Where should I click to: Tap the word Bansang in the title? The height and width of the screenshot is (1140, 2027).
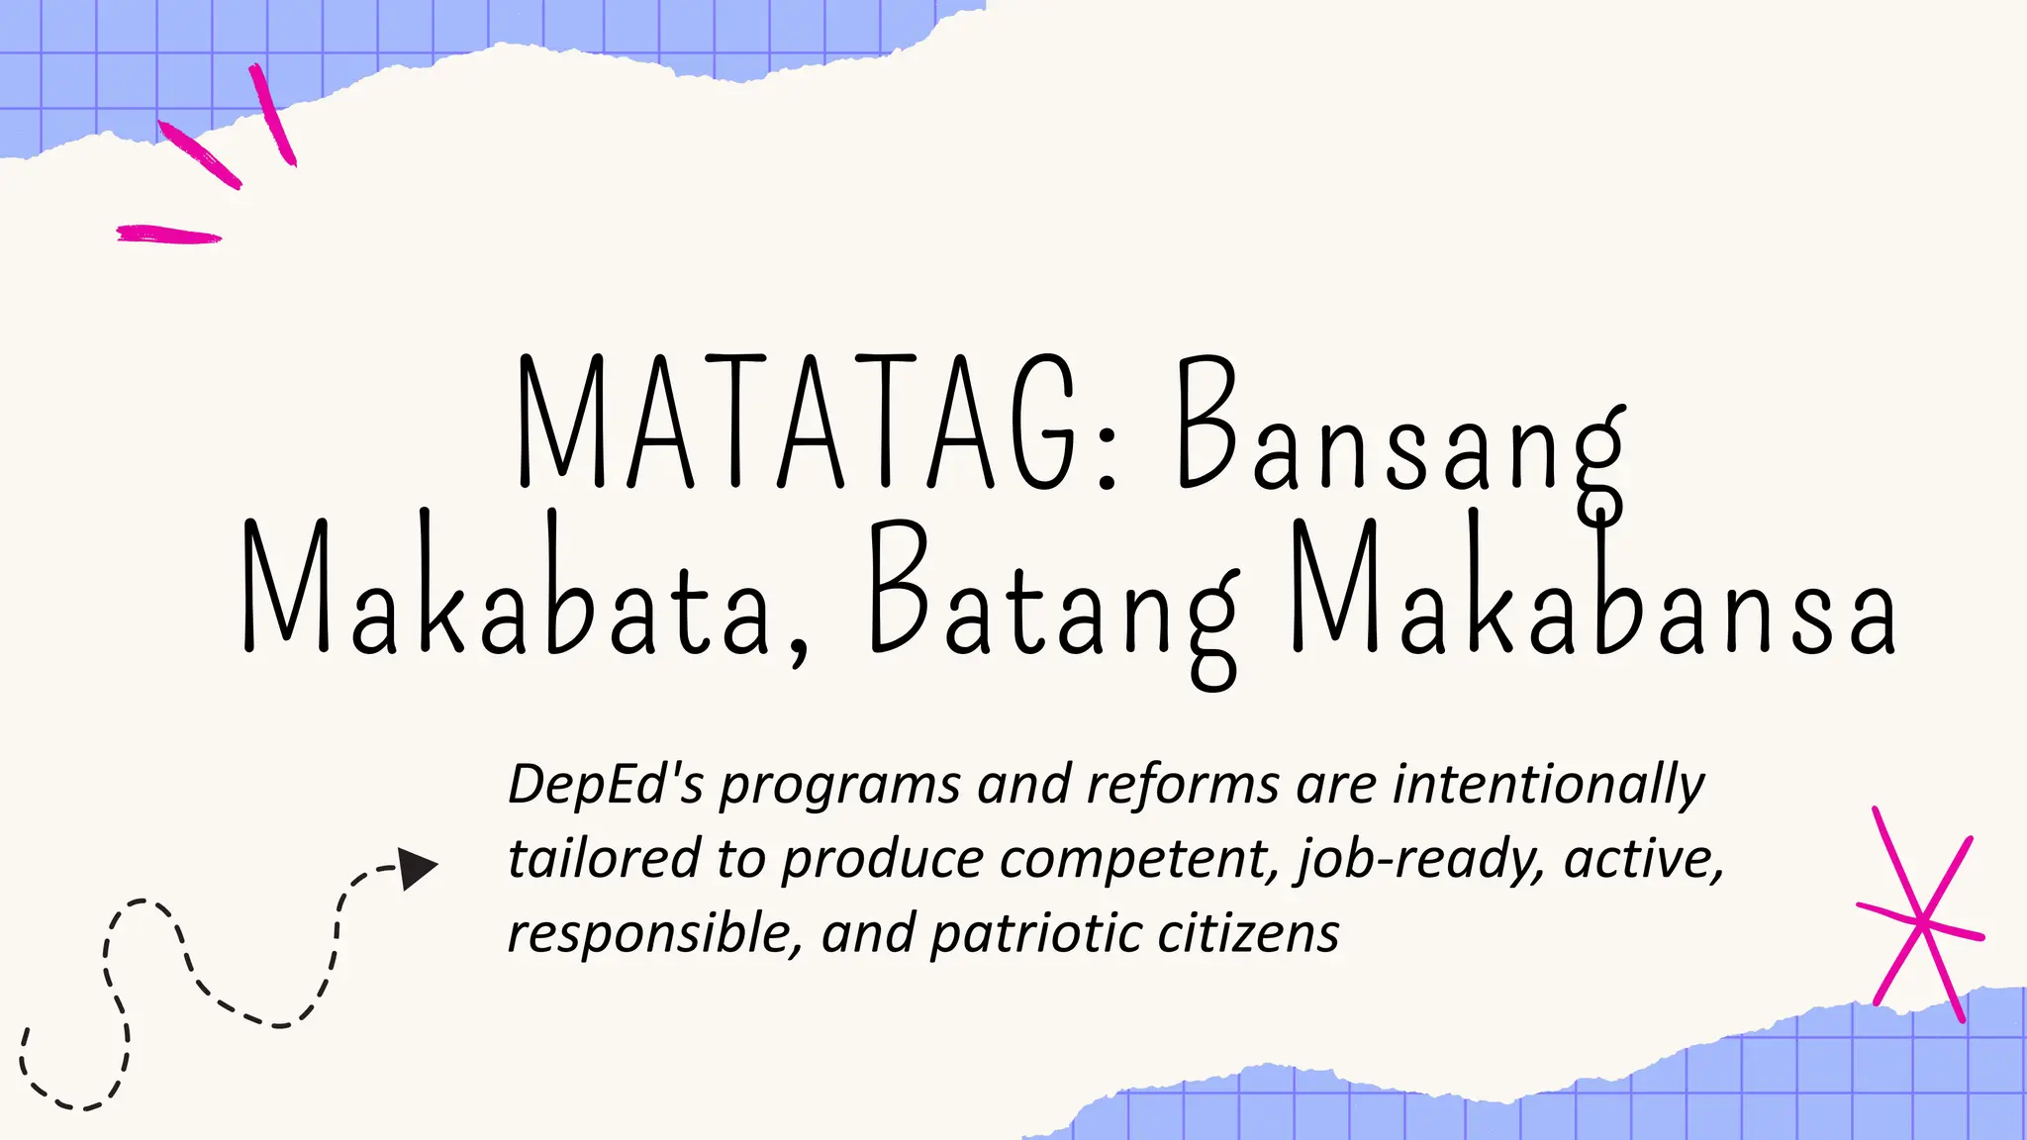tap(1400, 435)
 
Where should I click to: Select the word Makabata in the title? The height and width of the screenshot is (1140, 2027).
tap(505, 589)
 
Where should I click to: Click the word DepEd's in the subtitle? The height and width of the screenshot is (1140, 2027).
tap(606, 785)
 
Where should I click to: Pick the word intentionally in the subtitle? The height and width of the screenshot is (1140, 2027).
tap(1548, 785)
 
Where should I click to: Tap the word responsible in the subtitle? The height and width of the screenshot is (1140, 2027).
tap(653, 933)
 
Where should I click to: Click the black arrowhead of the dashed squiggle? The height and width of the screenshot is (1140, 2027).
tap(417, 869)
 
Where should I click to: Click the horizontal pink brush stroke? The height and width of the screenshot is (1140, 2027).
tap(168, 235)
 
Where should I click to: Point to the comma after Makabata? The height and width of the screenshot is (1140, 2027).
tap(798, 648)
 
